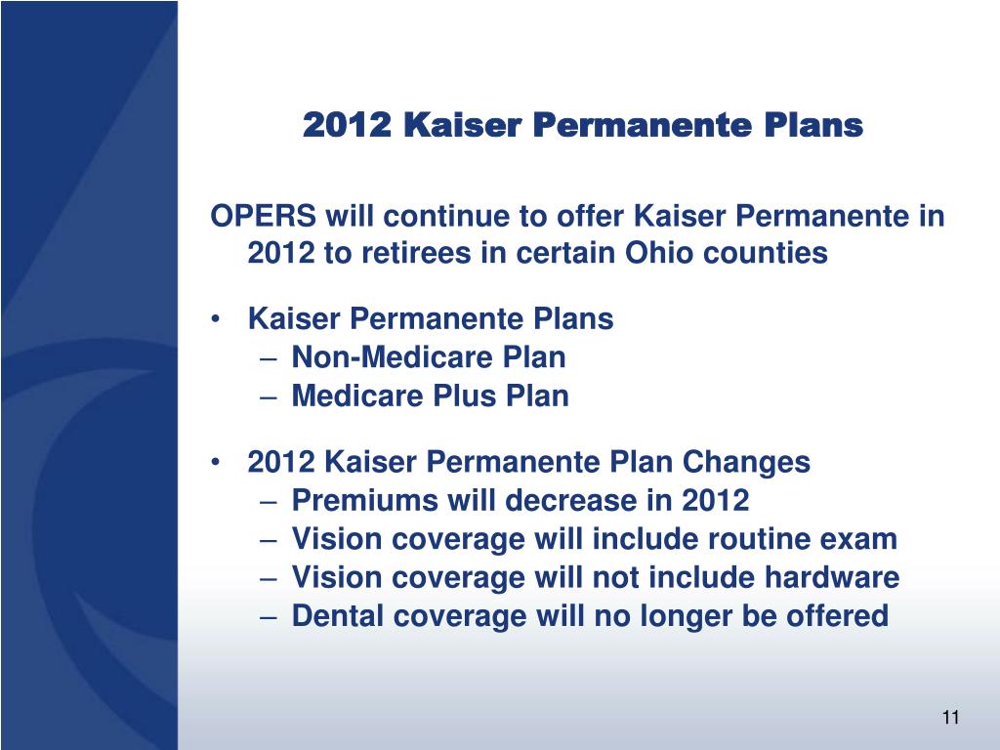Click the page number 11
coord(950,718)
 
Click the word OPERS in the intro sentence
coord(263,216)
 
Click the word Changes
coord(746,462)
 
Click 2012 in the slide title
coord(347,124)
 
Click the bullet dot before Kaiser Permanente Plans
coord(217,319)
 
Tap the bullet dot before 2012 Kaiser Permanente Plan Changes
coord(217,462)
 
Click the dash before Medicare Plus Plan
coord(269,396)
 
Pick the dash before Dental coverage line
coord(269,617)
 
